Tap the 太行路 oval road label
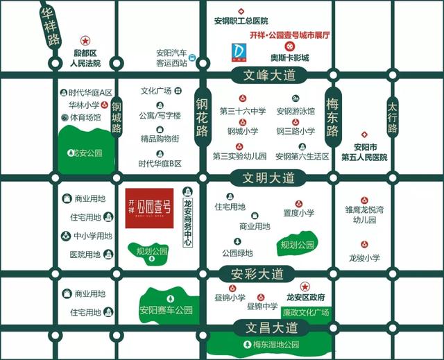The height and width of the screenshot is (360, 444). point(393,118)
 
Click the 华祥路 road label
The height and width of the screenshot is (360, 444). point(49,28)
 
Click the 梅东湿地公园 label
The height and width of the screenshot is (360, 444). point(276,345)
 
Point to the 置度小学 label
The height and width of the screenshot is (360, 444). point(299,213)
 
